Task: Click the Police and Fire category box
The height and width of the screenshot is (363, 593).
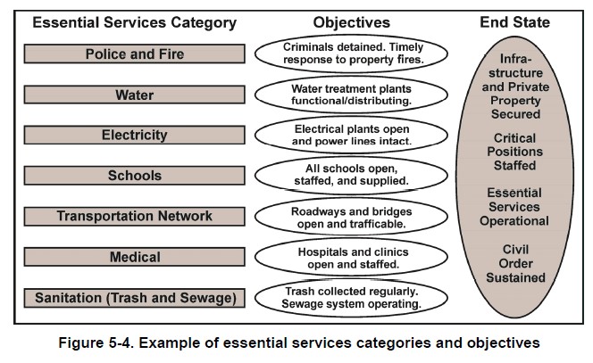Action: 134,54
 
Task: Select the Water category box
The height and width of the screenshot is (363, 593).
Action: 134,95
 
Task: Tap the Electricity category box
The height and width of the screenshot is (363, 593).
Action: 134,136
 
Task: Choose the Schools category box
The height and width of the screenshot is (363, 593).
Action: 134,176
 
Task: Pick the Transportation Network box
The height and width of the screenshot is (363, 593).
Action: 134,216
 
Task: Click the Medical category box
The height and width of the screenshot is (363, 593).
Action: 134,257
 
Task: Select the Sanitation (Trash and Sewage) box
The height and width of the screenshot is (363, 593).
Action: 134,297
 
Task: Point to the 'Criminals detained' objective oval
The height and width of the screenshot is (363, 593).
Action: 350,54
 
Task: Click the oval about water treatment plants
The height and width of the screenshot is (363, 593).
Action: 350,95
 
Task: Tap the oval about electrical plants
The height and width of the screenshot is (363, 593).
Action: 350,135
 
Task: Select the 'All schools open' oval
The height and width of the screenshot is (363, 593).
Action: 350,176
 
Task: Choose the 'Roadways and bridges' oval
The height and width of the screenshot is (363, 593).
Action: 350,217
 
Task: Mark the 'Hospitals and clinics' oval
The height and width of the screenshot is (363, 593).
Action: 350,257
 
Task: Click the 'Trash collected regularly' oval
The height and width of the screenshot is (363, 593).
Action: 350,298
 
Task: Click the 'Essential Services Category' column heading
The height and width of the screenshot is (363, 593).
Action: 134,22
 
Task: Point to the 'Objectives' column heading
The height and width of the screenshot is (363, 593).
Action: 350,22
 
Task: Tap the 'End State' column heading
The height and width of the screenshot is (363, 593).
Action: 514,22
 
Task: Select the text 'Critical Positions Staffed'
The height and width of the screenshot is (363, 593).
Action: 514,152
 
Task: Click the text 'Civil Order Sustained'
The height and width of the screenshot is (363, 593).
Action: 514,263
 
